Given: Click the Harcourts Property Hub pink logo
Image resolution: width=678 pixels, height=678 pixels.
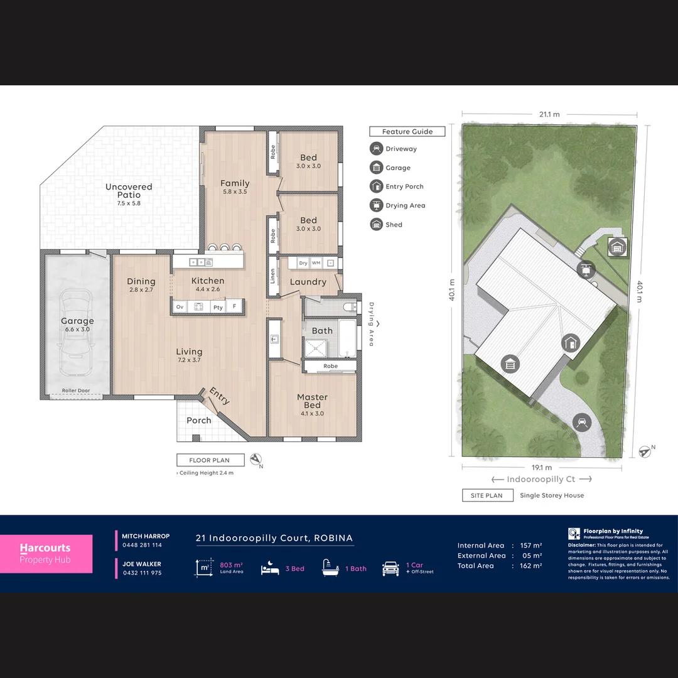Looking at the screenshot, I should point(46,554).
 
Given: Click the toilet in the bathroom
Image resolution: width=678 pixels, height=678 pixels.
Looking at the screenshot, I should point(350,307).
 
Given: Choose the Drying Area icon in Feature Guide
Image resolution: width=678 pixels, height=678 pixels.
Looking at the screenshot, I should point(376,205).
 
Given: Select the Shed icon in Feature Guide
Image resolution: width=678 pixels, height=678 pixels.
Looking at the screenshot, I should point(376,224).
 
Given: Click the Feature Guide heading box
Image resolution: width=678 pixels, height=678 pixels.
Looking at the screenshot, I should point(407,132).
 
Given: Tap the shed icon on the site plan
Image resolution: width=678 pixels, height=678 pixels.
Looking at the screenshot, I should point(616,247).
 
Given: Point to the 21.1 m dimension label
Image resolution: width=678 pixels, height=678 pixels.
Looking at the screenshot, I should point(549,114).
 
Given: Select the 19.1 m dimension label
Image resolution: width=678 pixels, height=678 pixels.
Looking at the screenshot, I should point(542,468).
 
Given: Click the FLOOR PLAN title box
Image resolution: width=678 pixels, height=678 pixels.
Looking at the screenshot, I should point(210,460).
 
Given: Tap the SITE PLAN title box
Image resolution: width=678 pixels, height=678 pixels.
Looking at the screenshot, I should point(486,495).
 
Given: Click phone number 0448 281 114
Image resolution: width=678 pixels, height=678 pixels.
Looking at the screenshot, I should point(142,546).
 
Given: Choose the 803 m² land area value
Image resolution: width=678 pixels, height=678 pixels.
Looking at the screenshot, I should point(231,566).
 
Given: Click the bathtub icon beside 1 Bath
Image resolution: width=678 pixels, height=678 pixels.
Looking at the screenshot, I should point(331,568).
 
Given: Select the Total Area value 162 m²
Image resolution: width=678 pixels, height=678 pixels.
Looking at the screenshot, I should point(530,566).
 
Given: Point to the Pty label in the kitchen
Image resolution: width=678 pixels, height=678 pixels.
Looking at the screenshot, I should point(218,307).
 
